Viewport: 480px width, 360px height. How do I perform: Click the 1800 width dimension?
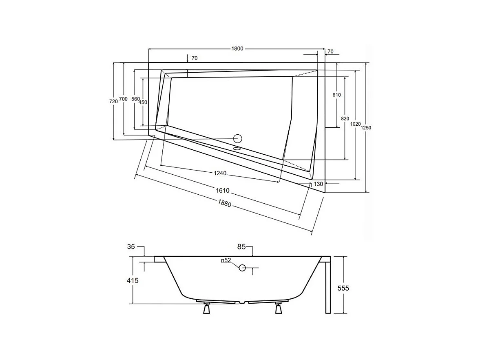point(237,49)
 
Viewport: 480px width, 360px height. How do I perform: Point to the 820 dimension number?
point(345,119)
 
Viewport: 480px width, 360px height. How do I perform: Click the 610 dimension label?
point(336,95)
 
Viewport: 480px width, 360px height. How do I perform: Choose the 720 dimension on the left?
point(114,101)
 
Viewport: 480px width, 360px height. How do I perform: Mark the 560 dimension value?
point(135,100)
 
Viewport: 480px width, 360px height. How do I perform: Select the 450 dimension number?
point(143,102)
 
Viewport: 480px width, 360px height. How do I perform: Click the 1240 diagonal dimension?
point(220,173)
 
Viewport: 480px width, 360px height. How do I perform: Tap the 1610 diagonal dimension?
point(223,191)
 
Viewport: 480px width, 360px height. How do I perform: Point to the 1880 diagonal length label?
point(225,203)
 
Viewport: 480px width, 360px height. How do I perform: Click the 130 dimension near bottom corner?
point(319,184)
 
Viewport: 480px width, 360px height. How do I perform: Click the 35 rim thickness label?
point(131,247)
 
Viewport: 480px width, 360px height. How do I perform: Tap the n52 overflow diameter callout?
point(226,260)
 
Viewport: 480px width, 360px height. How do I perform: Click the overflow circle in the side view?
point(242,268)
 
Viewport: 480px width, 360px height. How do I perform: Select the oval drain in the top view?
point(237,149)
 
